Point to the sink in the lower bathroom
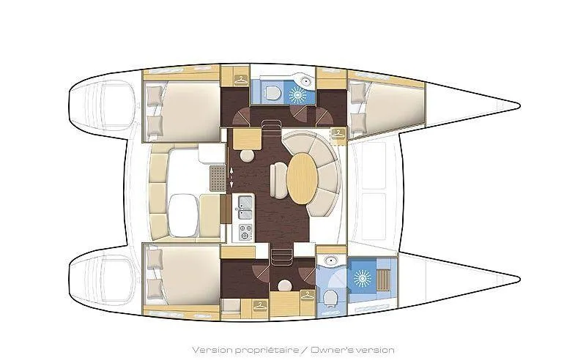tap(330, 261)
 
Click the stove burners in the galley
tap(244, 232)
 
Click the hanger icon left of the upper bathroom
tap(240, 78)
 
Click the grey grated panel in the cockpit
tap(217, 177)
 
